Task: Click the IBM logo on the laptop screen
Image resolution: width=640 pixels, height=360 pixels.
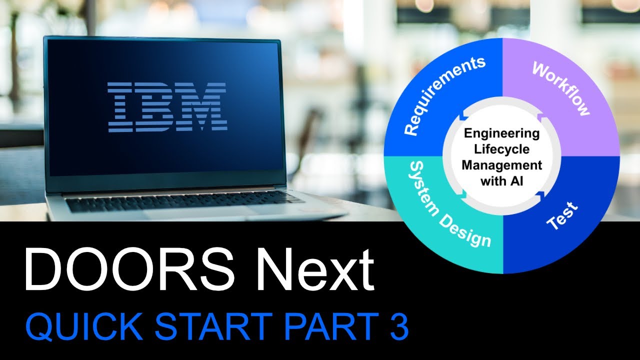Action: pos(167,107)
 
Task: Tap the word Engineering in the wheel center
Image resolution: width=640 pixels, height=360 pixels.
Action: pos(501,133)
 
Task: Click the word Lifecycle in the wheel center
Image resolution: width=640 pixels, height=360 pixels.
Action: pos(501,149)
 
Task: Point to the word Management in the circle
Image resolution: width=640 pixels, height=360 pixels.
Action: pos(501,164)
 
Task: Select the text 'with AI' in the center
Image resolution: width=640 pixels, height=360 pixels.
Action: pos(501,180)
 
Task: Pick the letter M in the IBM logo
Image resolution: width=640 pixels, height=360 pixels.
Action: pos(202,107)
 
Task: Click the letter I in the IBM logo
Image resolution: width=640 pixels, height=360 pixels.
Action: pos(119,107)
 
